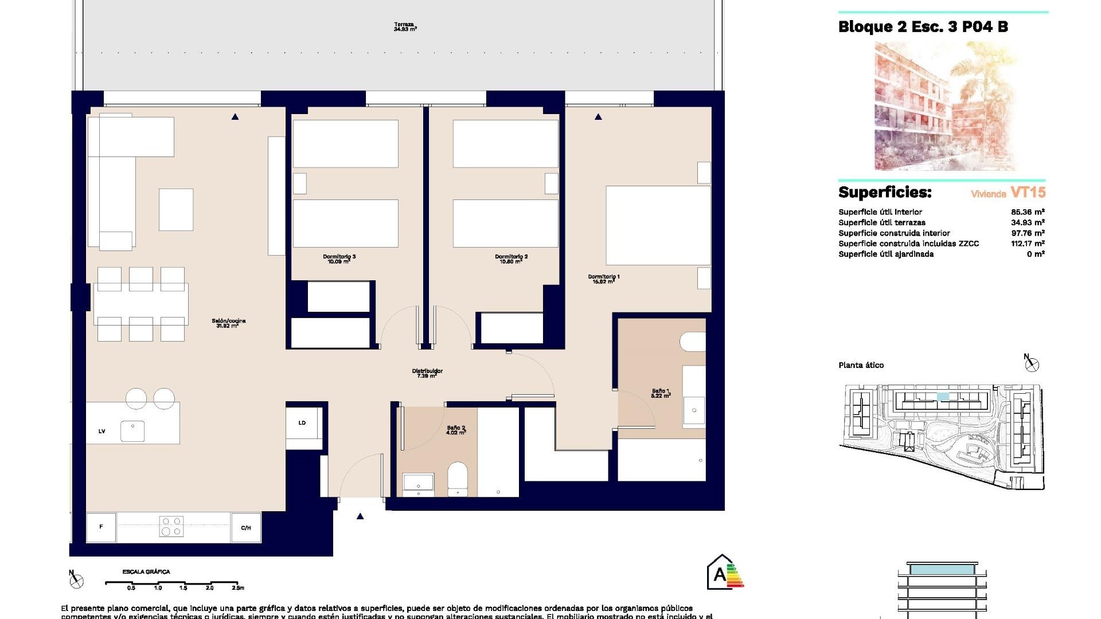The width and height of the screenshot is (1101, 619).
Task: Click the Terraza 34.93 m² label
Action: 405,27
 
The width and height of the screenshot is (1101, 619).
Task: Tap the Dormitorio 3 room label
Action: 339,259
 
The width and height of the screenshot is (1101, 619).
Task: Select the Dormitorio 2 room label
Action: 511,259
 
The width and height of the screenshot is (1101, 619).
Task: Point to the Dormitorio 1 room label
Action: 603,279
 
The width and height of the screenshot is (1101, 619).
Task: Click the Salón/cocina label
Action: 228,323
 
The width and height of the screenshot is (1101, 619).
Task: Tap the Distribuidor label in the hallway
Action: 427,373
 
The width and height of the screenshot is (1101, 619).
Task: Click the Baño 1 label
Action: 661,393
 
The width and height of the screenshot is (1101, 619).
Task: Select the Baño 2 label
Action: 456,430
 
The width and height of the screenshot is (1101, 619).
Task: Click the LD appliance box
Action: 303,423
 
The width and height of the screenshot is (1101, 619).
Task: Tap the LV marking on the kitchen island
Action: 101,431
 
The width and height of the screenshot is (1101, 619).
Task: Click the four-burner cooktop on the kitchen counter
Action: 171,527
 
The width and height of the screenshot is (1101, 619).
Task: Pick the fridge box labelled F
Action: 101,527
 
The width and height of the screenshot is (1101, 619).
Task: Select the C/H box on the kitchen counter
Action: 246,527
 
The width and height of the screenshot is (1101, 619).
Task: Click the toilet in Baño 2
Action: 458,479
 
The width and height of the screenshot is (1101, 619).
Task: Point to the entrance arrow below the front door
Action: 360,516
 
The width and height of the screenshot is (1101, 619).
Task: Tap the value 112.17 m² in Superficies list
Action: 1027,244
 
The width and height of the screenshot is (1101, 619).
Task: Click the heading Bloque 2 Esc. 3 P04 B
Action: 923,27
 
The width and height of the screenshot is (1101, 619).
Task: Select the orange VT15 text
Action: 1028,193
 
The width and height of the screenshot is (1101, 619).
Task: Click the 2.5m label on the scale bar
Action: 237,587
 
